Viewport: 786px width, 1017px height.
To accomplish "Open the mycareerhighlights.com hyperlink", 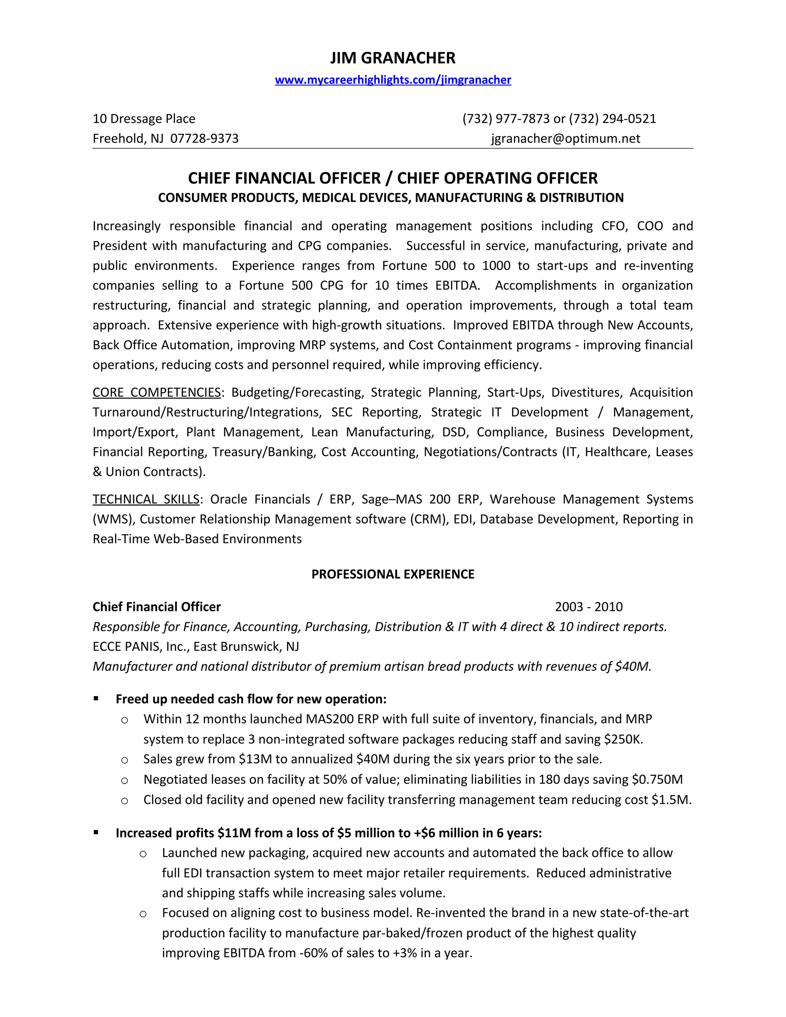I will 393,80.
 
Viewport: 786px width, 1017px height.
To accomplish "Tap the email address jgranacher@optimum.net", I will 565,138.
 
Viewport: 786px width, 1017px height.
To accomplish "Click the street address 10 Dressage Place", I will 144,119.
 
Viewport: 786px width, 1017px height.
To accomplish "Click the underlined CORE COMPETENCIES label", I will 157,392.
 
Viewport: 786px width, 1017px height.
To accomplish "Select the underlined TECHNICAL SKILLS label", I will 146,499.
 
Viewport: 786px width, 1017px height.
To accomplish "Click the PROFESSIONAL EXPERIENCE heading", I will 393,574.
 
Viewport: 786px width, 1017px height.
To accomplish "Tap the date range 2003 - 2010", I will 589,607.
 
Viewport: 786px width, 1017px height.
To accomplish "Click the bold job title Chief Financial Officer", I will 157,607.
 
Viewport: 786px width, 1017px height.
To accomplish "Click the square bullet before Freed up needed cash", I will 96,698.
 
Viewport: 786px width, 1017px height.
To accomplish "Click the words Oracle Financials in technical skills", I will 260,499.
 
